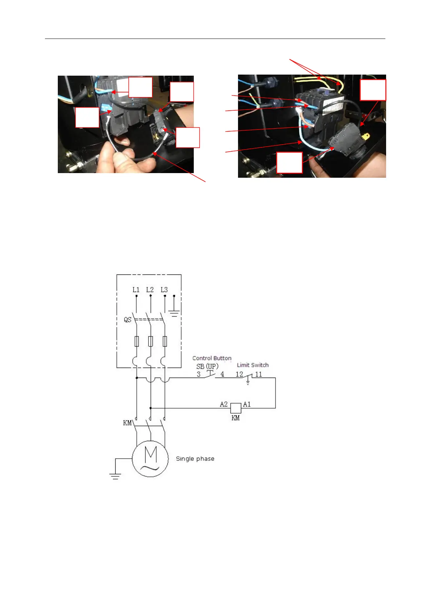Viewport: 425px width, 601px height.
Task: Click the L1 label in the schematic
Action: (x=136, y=290)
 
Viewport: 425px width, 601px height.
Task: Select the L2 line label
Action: (x=150, y=290)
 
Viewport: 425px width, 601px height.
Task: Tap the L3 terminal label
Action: (x=164, y=290)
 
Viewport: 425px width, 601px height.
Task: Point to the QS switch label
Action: (x=127, y=319)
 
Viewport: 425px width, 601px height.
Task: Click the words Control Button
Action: (x=212, y=358)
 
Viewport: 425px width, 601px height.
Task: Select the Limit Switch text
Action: (x=253, y=365)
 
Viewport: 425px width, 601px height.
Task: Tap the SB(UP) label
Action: (x=207, y=367)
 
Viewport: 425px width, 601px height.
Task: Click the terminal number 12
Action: (x=239, y=374)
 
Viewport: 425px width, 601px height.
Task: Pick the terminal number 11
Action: (x=258, y=374)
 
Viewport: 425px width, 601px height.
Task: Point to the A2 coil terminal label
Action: (x=224, y=404)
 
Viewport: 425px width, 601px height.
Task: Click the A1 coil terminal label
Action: (x=247, y=404)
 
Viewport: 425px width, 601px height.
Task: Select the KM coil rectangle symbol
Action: (x=236, y=408)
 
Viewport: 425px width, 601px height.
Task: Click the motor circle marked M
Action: (x=150, y=459)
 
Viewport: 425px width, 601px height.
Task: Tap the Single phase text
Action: (x=195, y=459)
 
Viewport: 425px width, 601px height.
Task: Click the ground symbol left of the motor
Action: (x=115, y=475)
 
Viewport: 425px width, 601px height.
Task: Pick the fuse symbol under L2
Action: (x=151, y=341)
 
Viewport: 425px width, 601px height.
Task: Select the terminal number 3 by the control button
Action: (x=199, y=374)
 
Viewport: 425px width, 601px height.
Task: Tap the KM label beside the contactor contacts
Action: (x=127, y=423)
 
